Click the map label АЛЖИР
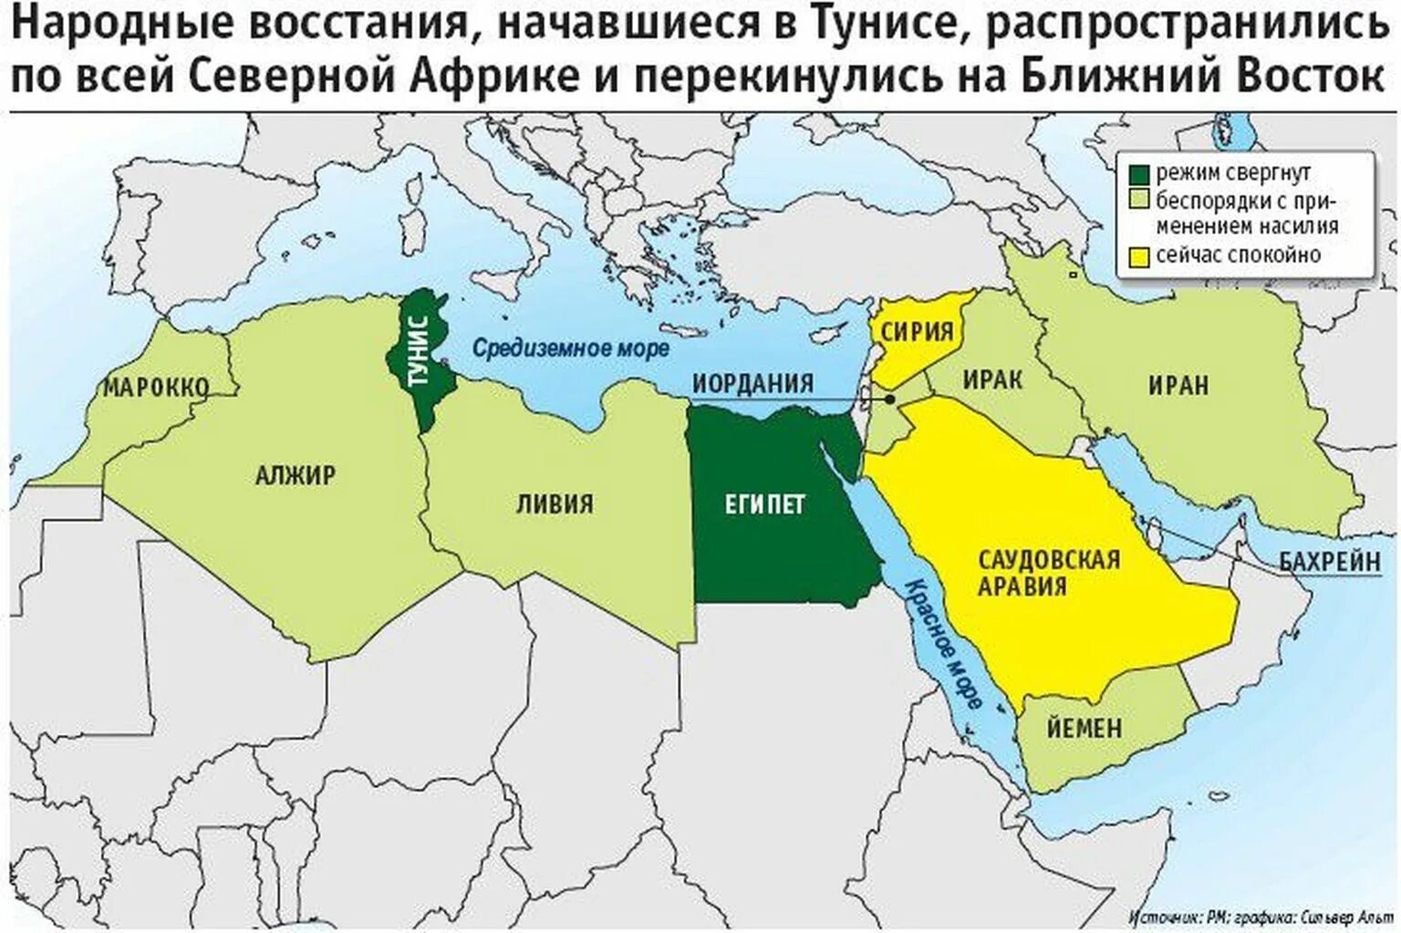point(295,475)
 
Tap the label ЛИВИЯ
point(555,503)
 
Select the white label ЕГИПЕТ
point(765,504)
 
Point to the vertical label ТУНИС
point(418,351)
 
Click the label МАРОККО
point(156,387)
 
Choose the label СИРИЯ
point(917,331)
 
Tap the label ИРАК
point(992,378)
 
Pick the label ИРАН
point(1178,385)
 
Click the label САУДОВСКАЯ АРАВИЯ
point(1048,572)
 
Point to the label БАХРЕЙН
point(1329,561)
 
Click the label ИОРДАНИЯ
point(752,383)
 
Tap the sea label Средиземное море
point(570,347)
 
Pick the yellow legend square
point(1138,255)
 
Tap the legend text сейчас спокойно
point(1238,255)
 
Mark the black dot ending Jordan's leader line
point(889,399)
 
